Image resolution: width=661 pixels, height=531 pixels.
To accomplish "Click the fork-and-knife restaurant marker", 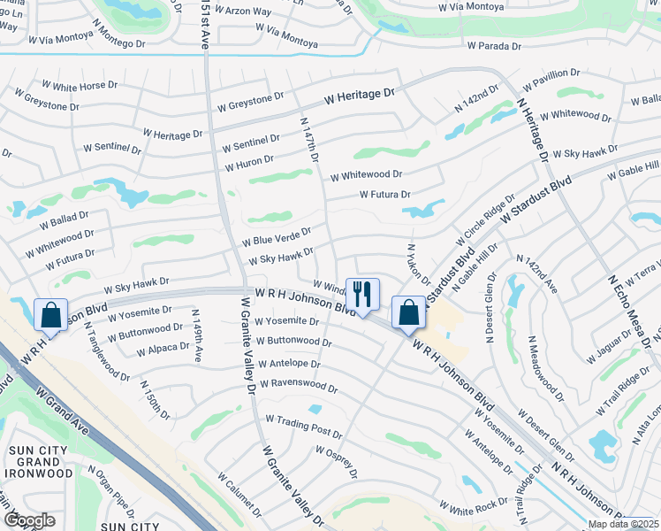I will pyautogui.click(x=362, y=294).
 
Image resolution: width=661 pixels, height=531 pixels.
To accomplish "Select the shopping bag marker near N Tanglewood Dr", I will pyautogui.click(x=50, y=315).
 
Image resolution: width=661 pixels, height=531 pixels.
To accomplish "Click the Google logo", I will pyautogui.click(x=29, y=519).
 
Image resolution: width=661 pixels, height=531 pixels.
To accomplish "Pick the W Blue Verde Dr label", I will pyautogui.click(x=277, y=237).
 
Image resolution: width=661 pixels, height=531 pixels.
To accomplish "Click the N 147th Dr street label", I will pyautogui.click(x=309, y=141).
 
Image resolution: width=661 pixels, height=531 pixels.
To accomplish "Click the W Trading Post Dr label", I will pyautogui.click(x=303, y=426).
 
